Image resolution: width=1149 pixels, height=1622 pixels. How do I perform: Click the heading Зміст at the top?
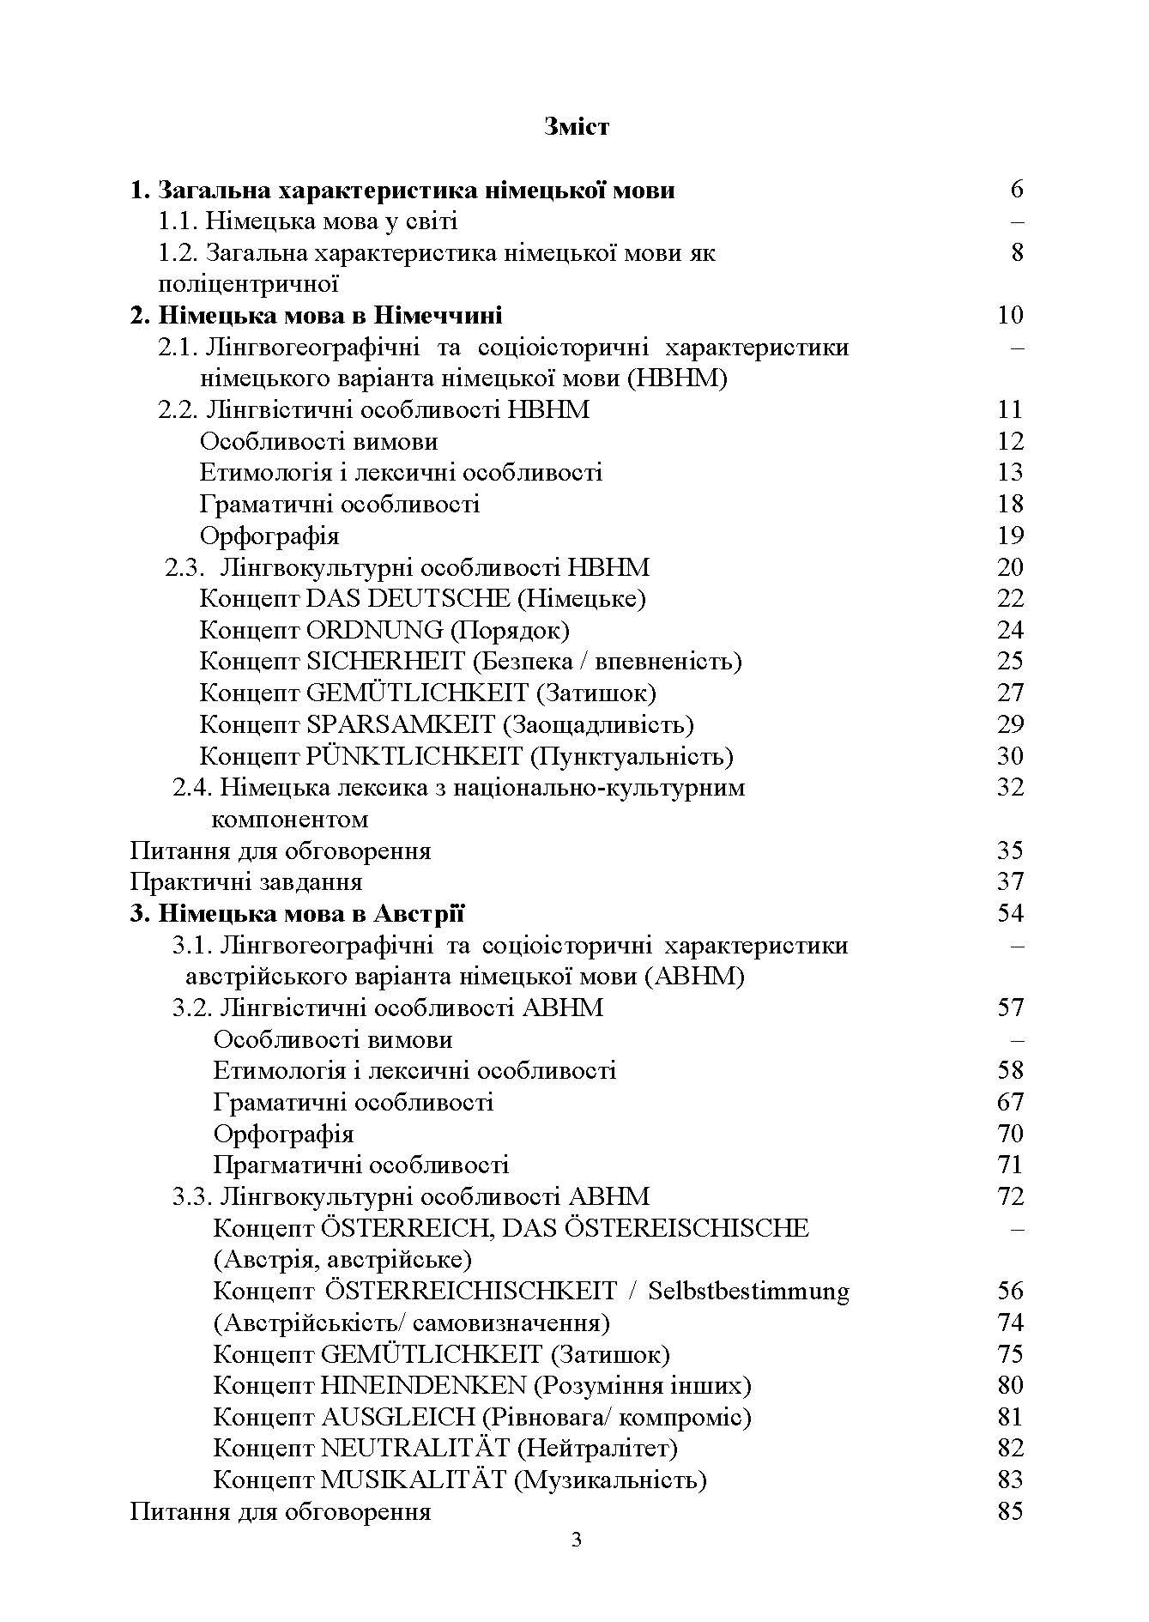click(576, 127)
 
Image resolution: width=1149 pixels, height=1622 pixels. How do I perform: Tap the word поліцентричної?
click(249, 284)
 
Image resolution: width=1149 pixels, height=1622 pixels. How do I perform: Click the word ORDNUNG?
click(374, 630)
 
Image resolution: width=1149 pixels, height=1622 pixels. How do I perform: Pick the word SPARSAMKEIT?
click(401, 724)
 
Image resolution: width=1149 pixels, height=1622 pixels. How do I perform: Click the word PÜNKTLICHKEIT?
click(414, 756)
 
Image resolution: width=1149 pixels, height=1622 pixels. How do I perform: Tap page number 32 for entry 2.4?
click(1010, 787)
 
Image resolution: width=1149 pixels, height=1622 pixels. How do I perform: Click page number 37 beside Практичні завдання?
click(1010, 881)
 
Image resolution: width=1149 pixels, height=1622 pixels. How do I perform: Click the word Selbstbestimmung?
click(748, 1291)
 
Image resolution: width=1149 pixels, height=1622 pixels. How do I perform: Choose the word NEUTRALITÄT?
click(414, 1449)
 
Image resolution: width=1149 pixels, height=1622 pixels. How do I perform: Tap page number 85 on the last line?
click(1010, 1511)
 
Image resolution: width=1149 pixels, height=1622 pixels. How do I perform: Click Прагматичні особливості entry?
click(360, 1165)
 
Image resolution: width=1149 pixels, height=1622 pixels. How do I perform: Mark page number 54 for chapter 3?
click(1010, 913)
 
